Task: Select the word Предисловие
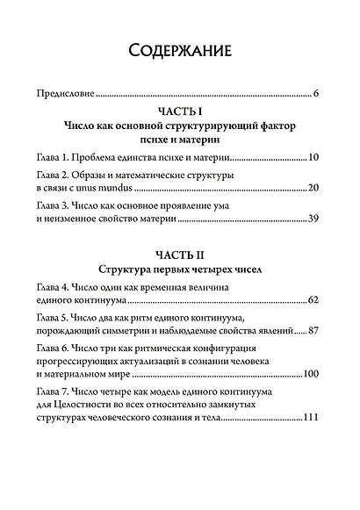point(62,92)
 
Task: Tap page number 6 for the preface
point(314,92)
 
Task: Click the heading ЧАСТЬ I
point(179,111)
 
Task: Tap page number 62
point(312,301)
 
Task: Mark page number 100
point(309,374)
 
